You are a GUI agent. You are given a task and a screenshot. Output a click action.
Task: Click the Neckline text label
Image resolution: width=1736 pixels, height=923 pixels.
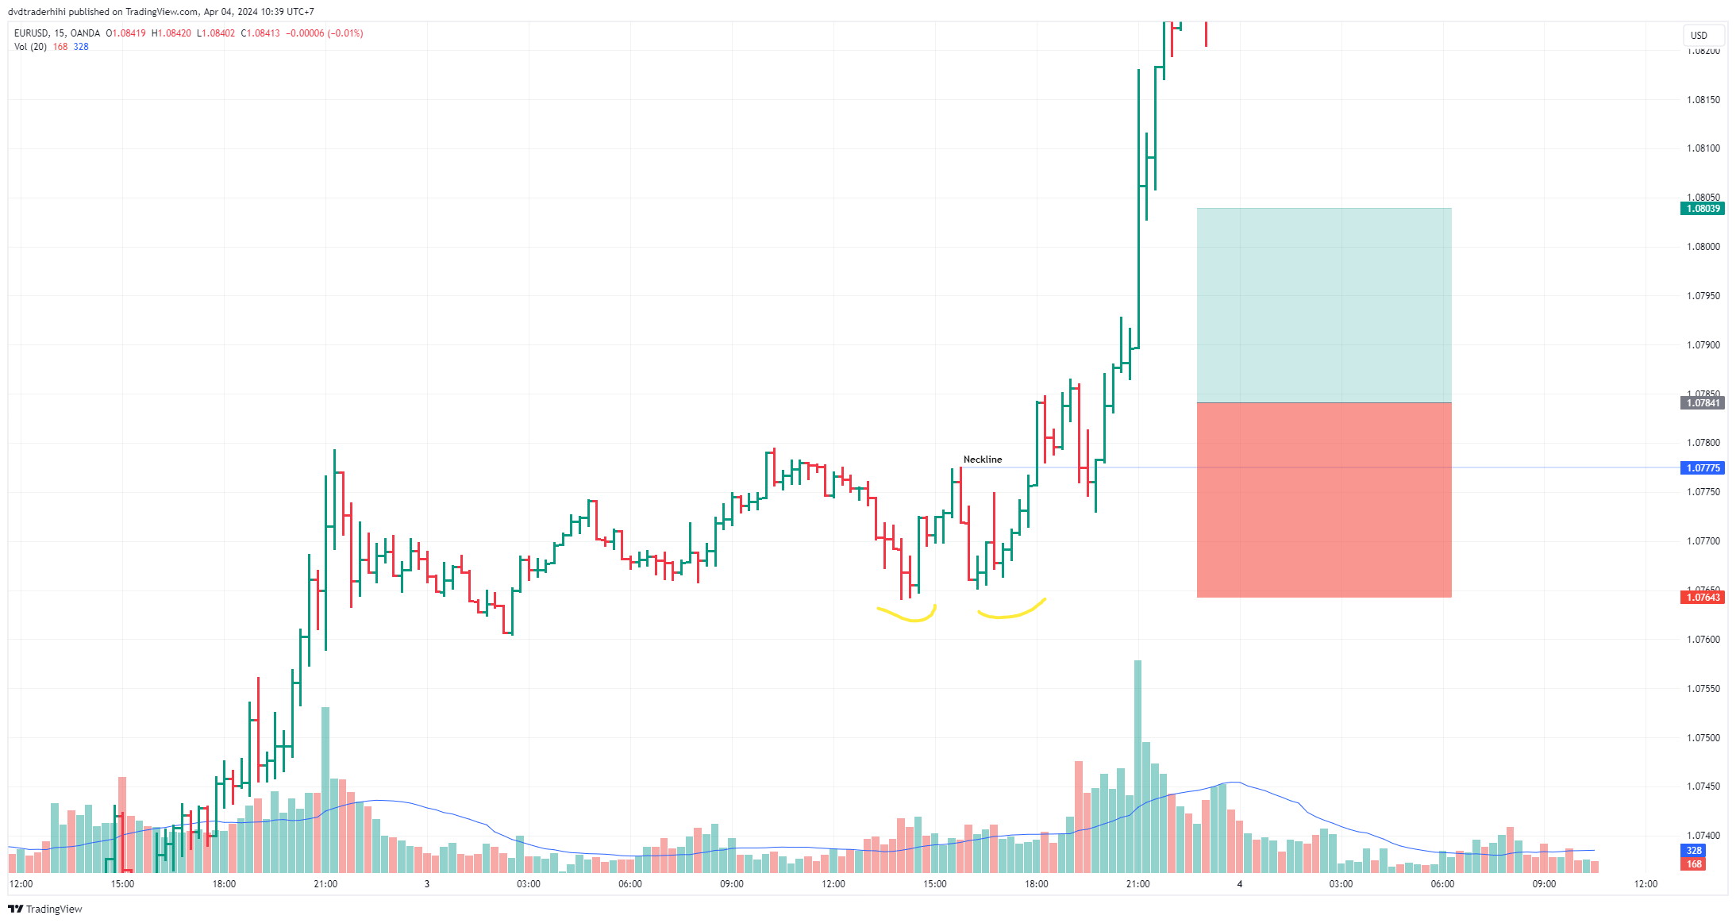[982, 460]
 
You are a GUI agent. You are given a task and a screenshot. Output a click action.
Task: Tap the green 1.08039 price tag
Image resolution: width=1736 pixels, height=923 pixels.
[1702, 209]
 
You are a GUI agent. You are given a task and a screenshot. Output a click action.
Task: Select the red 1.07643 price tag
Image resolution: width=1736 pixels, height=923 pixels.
[1702, 598]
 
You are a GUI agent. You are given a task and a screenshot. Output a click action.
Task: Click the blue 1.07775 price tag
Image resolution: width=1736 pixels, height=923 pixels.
[1702, 468]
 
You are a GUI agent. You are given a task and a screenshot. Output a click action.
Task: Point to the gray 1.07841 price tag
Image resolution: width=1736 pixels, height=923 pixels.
[1702, 403]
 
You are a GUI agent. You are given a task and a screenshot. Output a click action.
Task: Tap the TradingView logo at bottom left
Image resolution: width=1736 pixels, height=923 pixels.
[45, 909]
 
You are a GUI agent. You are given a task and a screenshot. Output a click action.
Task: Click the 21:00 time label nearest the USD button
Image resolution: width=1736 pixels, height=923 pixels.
[1137, 884]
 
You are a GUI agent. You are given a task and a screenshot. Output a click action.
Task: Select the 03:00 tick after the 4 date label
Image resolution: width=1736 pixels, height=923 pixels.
[1341, 884]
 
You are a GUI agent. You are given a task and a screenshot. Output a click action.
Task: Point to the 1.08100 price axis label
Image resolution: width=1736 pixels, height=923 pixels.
[1703, 148]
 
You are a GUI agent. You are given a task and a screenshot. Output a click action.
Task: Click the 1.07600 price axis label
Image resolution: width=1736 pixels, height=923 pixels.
[1703, 640]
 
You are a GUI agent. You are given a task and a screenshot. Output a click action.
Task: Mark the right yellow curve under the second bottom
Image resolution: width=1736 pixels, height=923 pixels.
[1011, 611]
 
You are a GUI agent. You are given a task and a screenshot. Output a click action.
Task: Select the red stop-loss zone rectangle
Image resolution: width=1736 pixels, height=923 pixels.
[1323, 500]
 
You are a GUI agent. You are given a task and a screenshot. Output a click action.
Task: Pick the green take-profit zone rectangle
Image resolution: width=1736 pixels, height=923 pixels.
[1323, 306]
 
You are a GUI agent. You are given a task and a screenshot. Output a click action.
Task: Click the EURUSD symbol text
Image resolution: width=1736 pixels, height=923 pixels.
[32, 33]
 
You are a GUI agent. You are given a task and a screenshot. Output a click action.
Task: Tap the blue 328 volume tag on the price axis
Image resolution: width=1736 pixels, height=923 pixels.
[1694, 851]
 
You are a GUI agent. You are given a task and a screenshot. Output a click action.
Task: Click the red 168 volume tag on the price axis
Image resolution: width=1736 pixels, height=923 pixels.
[1694, 864]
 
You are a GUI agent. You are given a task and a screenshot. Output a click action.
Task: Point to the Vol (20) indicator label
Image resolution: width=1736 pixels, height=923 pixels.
[30, 47]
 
